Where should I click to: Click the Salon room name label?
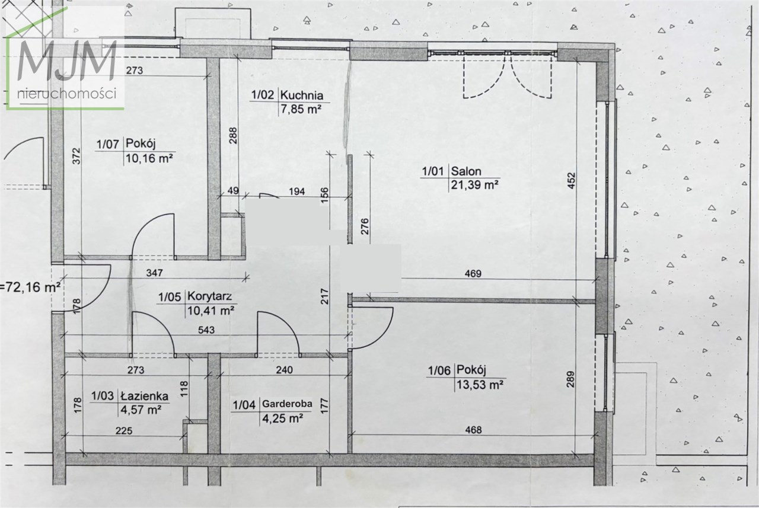[466, 171]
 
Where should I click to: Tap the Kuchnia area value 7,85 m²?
[301, 110]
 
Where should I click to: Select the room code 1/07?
[108, 144]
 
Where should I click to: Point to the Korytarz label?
[209, 296]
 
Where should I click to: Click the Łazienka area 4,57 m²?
[141, 410]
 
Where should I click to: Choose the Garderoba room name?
[287, 404]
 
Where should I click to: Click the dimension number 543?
[206, 330]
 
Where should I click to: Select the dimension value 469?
[473, 273]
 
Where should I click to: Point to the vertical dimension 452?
[571, 181]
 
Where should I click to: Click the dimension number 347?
[154, 273]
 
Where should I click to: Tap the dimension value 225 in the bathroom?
[124, 431]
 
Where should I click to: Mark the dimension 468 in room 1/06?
[473, 430]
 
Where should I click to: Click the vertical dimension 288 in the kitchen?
[233, 136]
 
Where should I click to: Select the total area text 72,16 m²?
[30, 287]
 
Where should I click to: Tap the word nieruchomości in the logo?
[67, 94]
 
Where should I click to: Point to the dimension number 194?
[297, 191]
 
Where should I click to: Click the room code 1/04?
[244, 405]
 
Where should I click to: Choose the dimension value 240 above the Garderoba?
[284, 370]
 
